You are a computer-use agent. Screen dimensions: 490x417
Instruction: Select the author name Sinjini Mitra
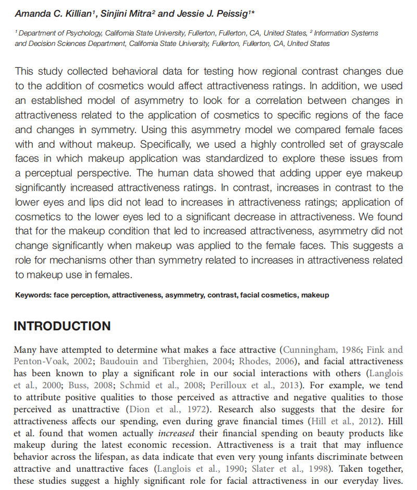tap(131, 13)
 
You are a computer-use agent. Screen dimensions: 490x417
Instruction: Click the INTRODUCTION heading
tap(62, 326)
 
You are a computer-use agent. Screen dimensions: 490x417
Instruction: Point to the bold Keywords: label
tap(33, 295)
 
